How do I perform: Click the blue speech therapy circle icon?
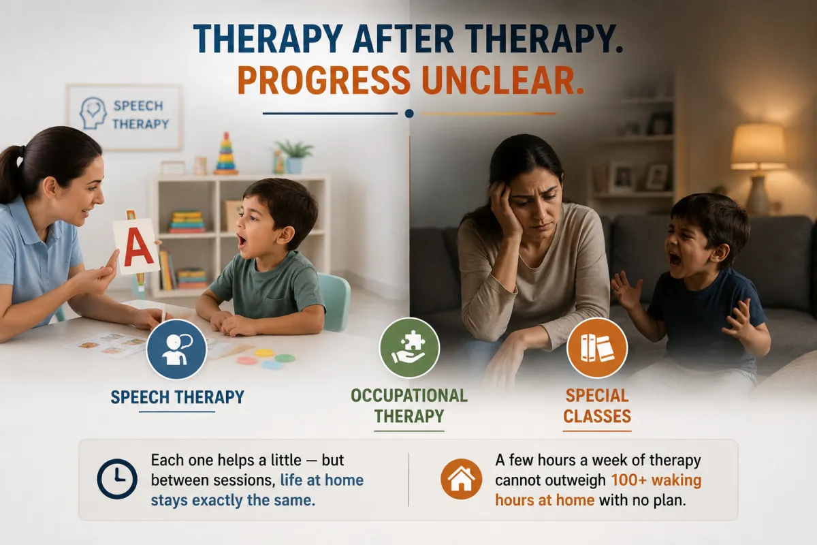coord(176,349)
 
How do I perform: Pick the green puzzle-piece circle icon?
coord(409,347)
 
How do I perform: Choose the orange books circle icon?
coord(597,347)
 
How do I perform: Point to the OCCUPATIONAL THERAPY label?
coord(409,406)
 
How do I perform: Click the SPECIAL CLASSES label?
coord(597,406)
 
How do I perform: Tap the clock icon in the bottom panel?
coord(117,479)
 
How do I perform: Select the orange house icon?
coord(461,479)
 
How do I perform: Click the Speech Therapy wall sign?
coord(124,116)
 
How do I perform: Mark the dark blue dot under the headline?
coord(409,114)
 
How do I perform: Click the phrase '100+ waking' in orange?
coord(656,480)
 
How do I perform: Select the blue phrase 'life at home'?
coord(321,480)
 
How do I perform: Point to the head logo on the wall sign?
coord(93,113)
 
